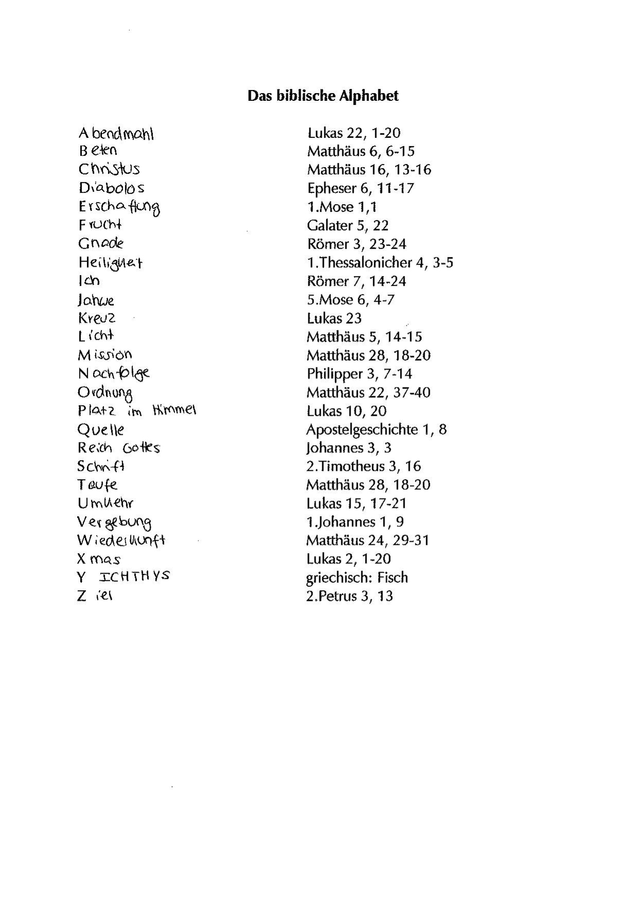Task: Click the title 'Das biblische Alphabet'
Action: click(323, 96)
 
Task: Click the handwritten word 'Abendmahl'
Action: click(116, 134)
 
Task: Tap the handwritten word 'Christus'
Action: click(109, 169)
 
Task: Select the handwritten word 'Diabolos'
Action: click(111, 188)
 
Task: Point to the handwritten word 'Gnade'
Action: click(101, 243)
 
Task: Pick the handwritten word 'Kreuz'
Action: click(97, 318)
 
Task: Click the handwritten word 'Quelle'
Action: click(101, 430)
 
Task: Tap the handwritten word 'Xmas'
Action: click(99, 559)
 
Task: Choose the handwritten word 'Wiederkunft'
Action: click(121, 540)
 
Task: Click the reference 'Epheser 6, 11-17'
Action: click(360, 188)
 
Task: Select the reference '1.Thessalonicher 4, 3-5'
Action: click(380, 263)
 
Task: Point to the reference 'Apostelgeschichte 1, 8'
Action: click(376, 430)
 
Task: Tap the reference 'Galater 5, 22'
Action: click(348, 225)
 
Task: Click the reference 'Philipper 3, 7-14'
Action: click(359, 374)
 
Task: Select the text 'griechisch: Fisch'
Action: click(357, 578)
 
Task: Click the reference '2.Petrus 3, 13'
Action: click(350, 596)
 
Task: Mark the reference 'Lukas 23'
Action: click(334, 319)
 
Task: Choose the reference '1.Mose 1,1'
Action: click(342, 207)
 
